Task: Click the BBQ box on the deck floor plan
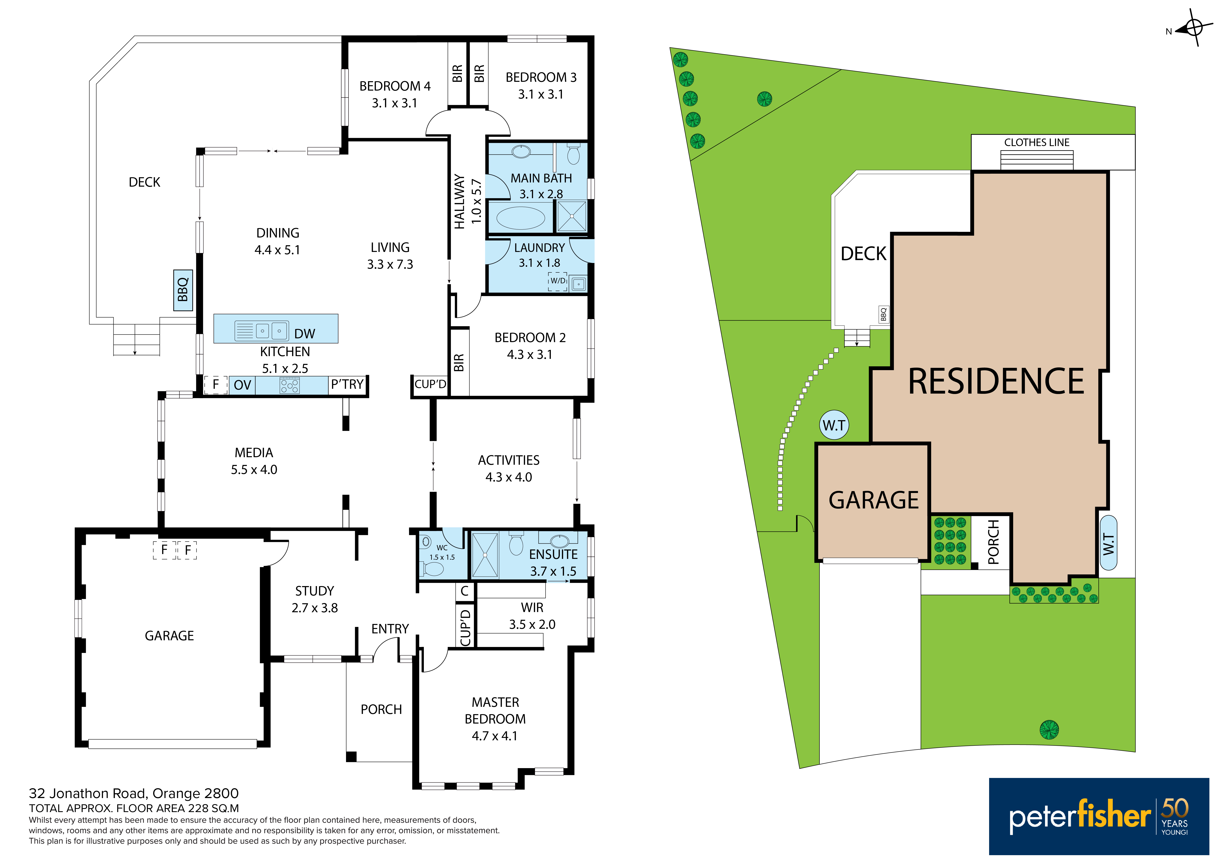coord(183,290)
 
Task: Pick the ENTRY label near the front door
coord(390,629)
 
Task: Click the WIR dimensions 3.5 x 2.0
coord(532,624)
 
